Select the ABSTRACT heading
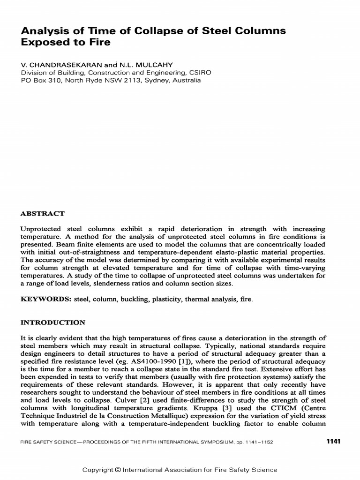pos(43,213)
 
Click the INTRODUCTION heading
pos(53,322)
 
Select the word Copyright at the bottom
pos(97,470)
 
